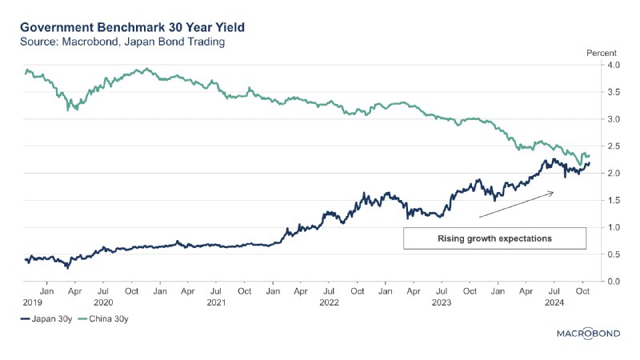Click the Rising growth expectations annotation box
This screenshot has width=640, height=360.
click(494, 238)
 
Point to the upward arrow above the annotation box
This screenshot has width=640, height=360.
click(516, 204)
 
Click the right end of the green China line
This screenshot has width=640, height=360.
click(590, 155)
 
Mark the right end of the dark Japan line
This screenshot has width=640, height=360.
click(590, 164)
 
